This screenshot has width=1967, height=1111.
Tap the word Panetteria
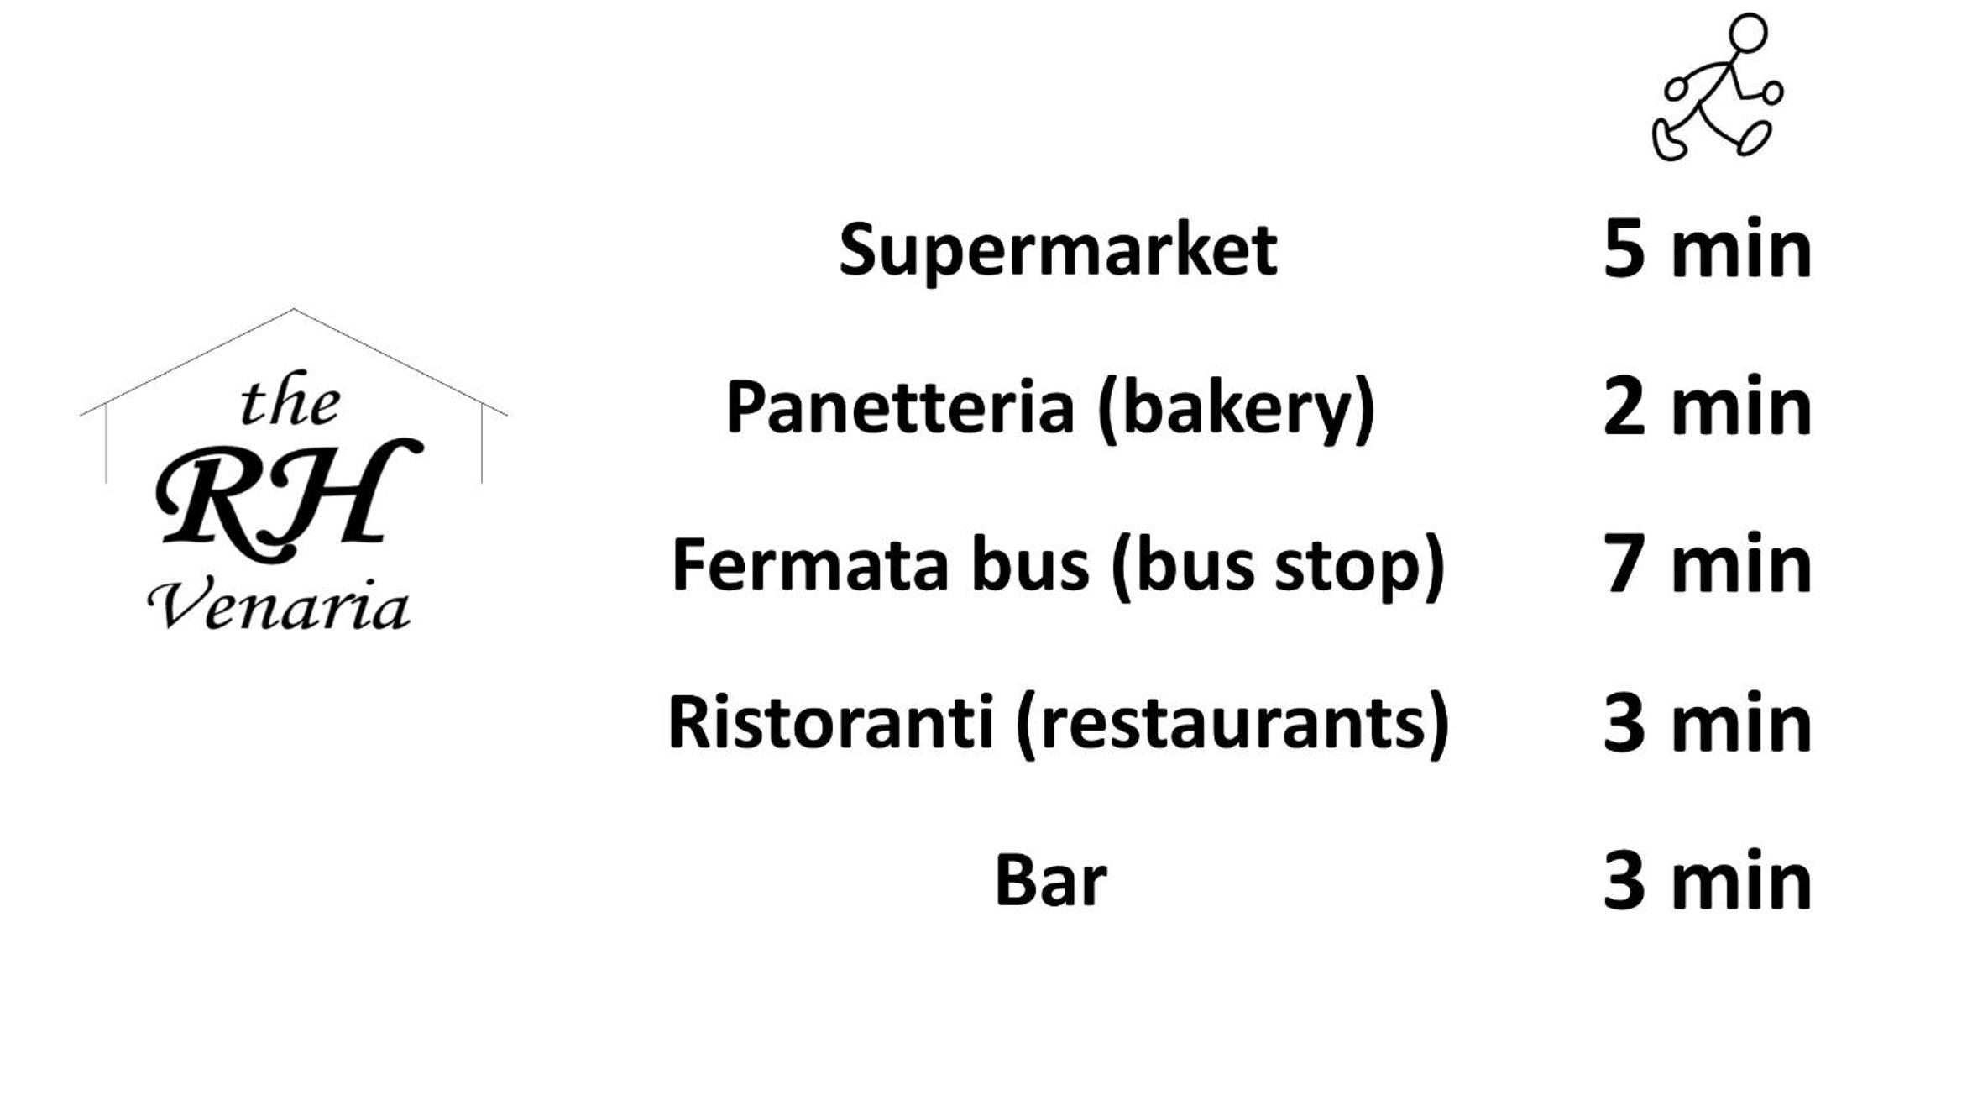[900, 407]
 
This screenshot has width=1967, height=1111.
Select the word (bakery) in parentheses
[1237, 410]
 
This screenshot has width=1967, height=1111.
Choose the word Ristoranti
[831, 722]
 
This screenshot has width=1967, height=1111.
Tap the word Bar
[1051, 880]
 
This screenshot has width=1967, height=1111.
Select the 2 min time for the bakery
[1708, 406]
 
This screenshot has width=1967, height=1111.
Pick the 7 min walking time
[1708, 564]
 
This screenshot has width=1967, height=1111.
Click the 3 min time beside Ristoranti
[1708, 722]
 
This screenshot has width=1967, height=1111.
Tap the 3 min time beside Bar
[1708, 880]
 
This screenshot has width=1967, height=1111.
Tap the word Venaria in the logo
[280, 604]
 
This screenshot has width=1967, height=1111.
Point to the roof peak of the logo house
[293, 310]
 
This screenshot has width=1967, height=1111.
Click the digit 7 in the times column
[1624, 564]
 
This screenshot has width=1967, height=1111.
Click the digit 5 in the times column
[1624, 249]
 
